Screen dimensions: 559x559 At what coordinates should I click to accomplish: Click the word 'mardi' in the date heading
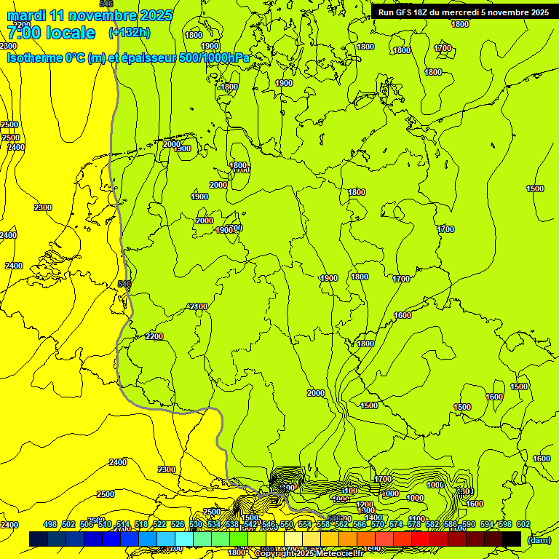pos(27,15)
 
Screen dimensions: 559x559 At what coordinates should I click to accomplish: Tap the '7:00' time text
pos(24,33)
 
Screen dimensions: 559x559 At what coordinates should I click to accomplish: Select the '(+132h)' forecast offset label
pos(130,33)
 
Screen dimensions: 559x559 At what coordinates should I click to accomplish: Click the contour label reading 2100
pos(198,306)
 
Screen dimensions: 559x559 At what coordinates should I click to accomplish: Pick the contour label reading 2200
pos(154,336)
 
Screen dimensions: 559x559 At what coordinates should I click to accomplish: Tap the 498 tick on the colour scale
pos(50,524)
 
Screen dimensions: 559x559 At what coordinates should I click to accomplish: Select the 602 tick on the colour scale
pos(523,524)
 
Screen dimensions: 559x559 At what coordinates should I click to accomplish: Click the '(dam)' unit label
pos(539,539)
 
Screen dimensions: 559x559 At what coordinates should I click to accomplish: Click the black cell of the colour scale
pos(512,539)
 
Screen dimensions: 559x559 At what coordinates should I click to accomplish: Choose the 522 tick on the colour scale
pos(159,524)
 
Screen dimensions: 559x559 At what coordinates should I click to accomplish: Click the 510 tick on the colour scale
pos(105,524)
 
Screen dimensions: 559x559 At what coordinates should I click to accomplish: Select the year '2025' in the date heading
pos(156,15)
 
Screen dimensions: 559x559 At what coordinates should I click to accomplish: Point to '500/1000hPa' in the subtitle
pos(210,58)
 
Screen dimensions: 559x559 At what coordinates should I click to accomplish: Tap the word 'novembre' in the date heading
pos(103,15)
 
